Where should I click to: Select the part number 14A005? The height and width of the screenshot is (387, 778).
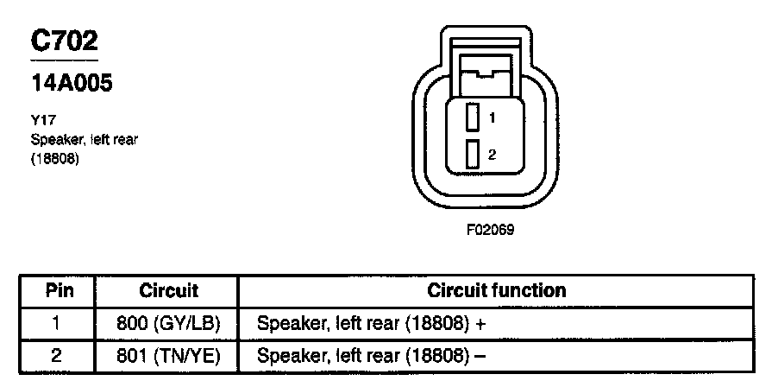pos(72,85)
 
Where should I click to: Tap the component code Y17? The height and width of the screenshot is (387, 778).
pos(40,122)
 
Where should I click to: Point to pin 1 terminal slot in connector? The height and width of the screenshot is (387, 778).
pos(472,117)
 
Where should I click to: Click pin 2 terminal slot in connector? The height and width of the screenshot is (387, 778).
pos(472,155)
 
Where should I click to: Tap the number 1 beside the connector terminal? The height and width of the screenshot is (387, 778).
pos(491,116)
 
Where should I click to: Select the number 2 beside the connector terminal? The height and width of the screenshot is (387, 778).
pos(491,155)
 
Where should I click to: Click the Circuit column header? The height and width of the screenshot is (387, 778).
pos(168,290)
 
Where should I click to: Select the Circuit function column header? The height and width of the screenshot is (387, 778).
pos(497,290)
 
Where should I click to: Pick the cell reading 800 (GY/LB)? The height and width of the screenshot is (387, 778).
pos(168,324)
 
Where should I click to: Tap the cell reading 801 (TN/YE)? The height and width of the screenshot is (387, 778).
pos(168,355)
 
